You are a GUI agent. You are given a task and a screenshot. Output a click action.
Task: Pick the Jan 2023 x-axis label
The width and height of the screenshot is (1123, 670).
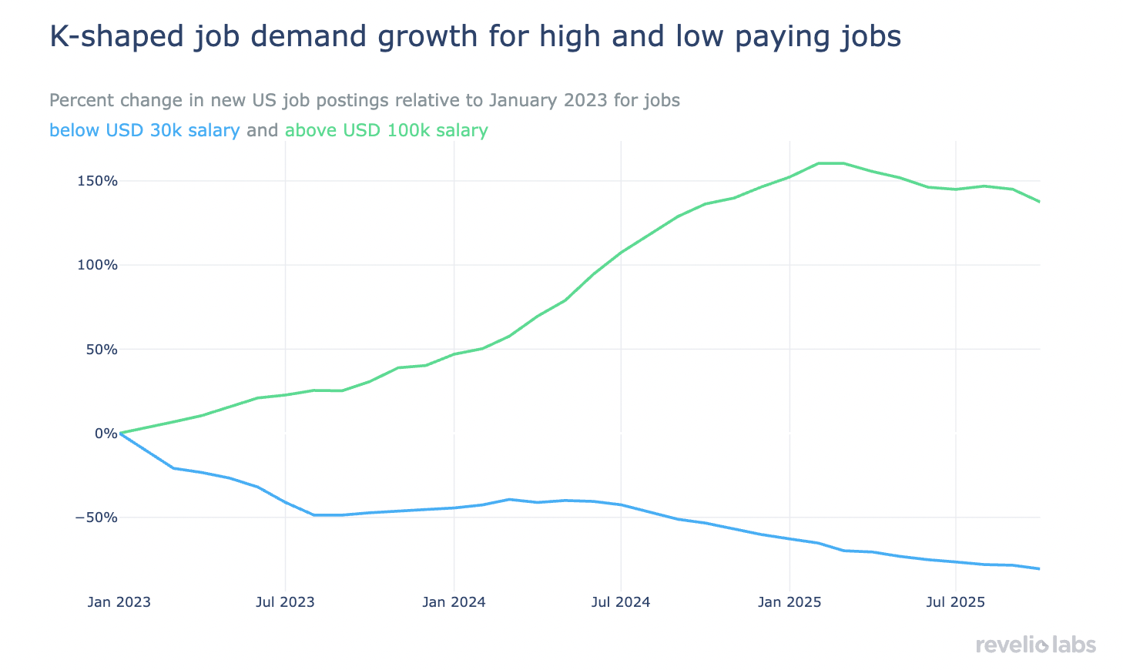pyautogui.click(x=119, y=601)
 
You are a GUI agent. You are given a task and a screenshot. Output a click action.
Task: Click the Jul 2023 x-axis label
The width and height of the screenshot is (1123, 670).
pyautogui.click(x=285, y=601)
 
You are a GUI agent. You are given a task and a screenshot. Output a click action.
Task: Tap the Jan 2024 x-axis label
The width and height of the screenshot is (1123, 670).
pyautogui.click(x=454, y=601)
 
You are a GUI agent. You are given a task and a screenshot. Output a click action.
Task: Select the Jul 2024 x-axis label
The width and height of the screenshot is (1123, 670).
pyautogui.click(x=621, y=601)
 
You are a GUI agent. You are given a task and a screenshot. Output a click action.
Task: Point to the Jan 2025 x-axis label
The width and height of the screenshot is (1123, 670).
pyautogui.click(x=789, y=601)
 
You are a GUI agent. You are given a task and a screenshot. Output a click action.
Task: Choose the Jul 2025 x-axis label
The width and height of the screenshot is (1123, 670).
pyautogui.click(x=955, y=601)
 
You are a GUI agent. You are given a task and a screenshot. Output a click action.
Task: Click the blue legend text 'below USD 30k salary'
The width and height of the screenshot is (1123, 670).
pyautogui.click(x=144, y=130)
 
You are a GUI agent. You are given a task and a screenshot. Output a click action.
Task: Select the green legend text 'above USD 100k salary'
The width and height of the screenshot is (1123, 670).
pyautogui.click(x=386, y=130)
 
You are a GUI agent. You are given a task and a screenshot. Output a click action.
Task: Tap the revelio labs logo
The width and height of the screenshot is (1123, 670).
pyautogui.click(x=1035, y=645)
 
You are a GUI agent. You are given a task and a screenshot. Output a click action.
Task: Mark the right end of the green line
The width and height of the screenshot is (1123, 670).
pyautogui.click(x=1040, y=202)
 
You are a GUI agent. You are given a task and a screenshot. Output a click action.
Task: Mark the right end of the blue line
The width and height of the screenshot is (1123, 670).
pyautogui.click(x=1040, y=569)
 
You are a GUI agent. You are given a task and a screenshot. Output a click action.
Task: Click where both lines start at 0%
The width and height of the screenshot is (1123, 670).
pyautogui.click(x=120, y=433)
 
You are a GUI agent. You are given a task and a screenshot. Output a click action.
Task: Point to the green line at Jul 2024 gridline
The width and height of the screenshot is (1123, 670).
pyautogui.click(x=621, y=252)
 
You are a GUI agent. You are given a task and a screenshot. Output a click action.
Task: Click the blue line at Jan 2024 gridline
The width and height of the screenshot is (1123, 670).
pyautogui.click(x=454, y=508)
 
